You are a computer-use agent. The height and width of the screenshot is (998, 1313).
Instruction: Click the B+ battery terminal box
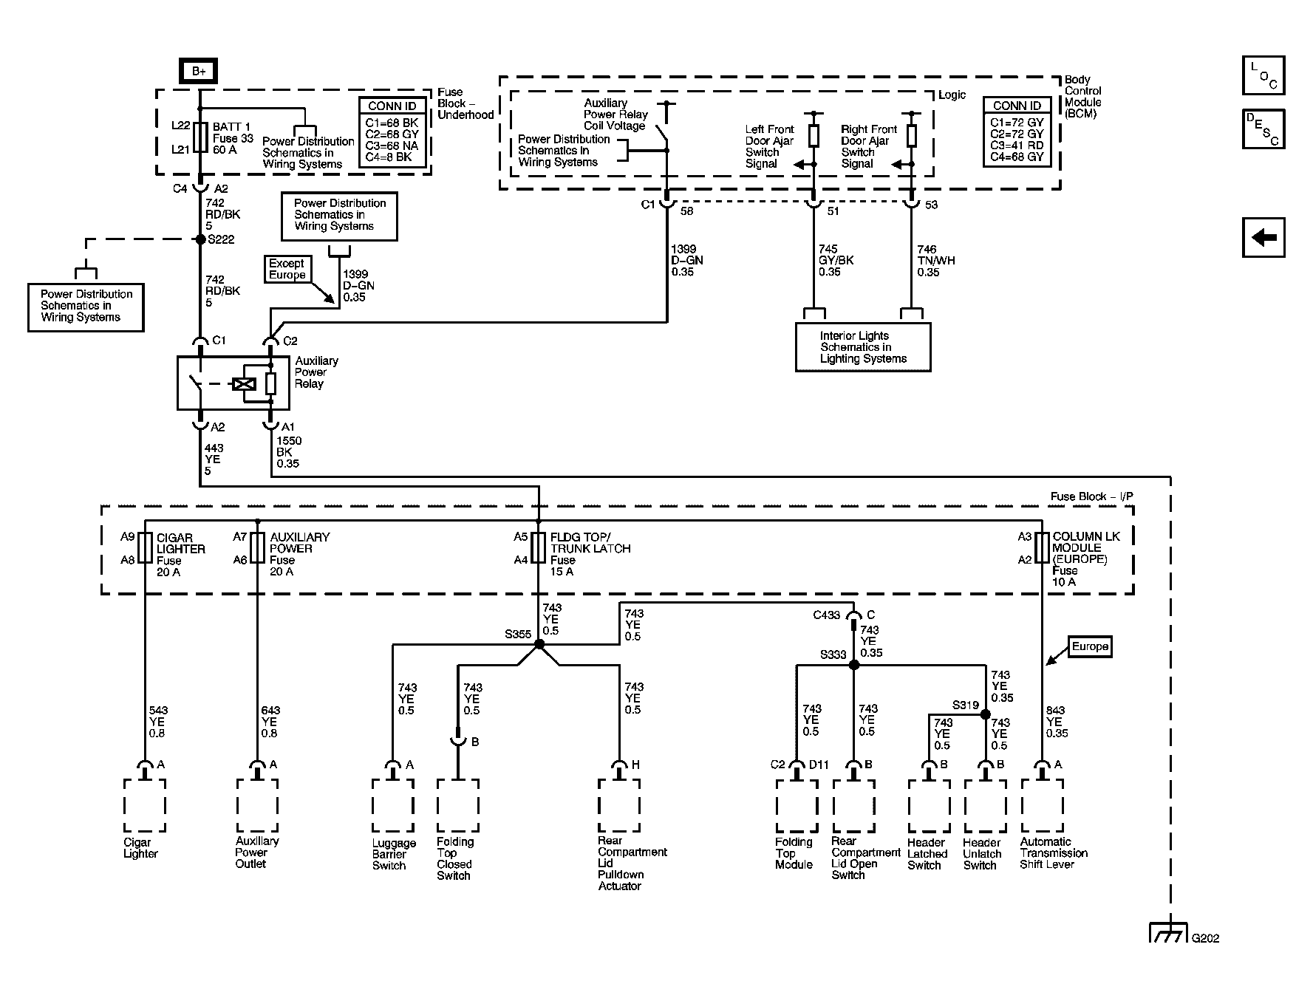pos(199,72)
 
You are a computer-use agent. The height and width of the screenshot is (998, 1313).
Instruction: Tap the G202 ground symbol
pos(1170,932)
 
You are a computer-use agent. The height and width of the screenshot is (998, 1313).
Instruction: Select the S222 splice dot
pos(199,239)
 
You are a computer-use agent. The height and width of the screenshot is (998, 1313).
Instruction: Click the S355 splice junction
pos(539,645)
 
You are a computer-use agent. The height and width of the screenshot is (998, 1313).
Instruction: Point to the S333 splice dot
pos(854,665)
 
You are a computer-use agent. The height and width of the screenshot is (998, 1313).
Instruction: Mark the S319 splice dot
pos(985,714)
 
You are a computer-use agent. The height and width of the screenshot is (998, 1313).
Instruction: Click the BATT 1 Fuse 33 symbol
pos(199,138)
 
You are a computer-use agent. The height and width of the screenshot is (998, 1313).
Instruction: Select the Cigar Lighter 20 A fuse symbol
pos(145,548)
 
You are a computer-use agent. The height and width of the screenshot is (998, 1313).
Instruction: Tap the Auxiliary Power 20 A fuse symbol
pos(257,548)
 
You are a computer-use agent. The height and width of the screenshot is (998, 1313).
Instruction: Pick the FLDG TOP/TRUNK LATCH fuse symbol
pos(539,548)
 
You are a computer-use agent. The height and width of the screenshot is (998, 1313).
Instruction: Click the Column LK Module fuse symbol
pos(1042,548)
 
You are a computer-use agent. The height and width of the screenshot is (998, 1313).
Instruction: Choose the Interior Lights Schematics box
pos(863,347)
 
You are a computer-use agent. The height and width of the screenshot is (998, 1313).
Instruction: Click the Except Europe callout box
pos(287,269)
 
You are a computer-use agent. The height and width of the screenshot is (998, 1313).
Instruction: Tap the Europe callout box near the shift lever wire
pos(1090,647)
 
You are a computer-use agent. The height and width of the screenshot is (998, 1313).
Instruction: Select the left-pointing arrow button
pos(1263,238)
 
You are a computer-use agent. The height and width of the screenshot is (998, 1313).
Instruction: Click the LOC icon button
pos(1263,75)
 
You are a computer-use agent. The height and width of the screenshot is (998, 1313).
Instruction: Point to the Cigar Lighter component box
pos(145,805)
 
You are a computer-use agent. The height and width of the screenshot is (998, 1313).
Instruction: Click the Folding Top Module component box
pos(797,805)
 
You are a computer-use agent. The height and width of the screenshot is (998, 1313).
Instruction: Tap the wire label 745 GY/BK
pos(836,261)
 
